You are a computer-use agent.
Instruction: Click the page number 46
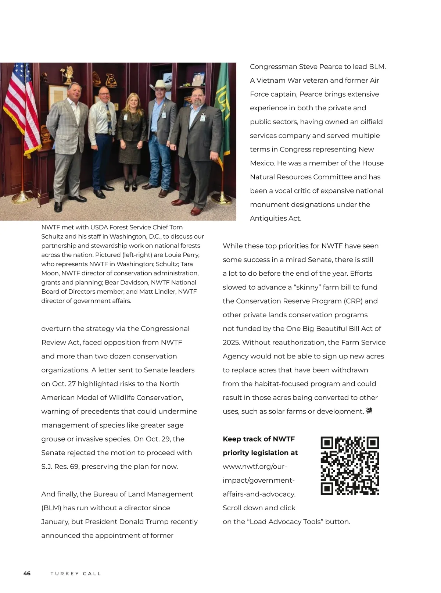pos(27,574)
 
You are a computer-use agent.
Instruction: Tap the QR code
pos(349,466)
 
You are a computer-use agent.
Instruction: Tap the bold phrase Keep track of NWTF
pos(259,439)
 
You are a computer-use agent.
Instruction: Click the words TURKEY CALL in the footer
pos(76,574)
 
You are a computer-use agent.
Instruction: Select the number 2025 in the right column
pos(231,343)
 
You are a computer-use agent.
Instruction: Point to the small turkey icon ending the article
pos(369,411)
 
